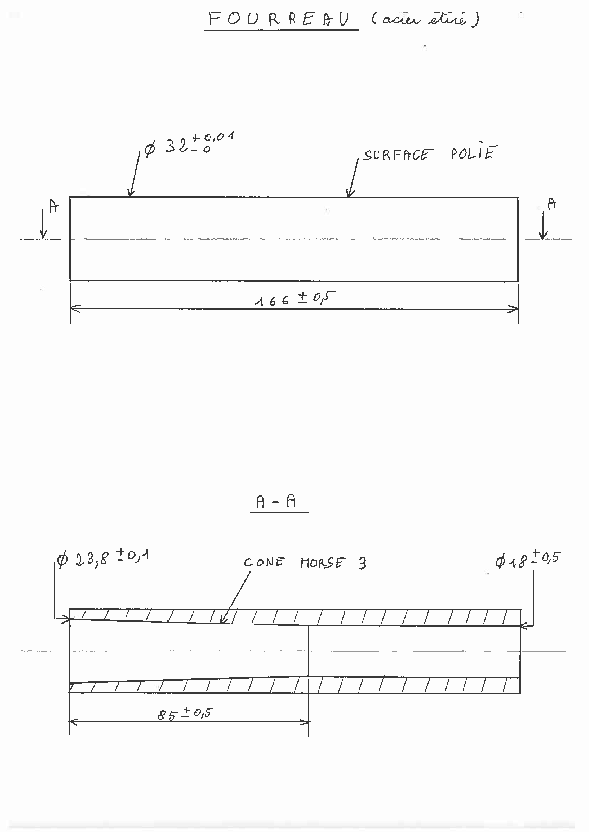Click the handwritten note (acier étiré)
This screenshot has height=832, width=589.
426,19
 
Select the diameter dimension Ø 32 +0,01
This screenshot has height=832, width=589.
190,144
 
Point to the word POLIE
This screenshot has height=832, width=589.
474,152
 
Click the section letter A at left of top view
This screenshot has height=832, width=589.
54,206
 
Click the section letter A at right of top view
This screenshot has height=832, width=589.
552,204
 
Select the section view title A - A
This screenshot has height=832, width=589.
276,501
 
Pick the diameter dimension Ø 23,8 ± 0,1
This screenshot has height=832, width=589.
103,558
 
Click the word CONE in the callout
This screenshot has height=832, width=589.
264,562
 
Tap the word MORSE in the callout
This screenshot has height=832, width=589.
322,562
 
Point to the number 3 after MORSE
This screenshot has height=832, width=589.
362,562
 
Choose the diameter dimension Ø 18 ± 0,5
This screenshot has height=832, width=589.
528,560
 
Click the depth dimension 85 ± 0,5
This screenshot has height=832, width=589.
185,713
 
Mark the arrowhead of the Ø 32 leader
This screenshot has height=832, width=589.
130,194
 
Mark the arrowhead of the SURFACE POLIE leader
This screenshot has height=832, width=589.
349,194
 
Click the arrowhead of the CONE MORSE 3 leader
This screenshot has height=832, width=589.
223,621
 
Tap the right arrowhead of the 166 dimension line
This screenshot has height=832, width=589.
515,309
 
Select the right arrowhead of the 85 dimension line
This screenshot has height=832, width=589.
305,722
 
